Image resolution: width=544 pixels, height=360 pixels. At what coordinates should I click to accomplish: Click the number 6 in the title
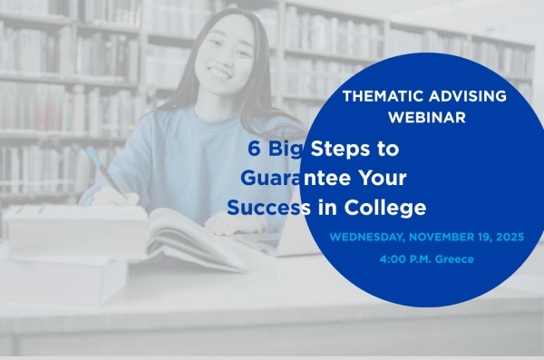pos(256,147)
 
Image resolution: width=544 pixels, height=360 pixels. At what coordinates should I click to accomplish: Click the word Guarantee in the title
pos(291,178)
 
